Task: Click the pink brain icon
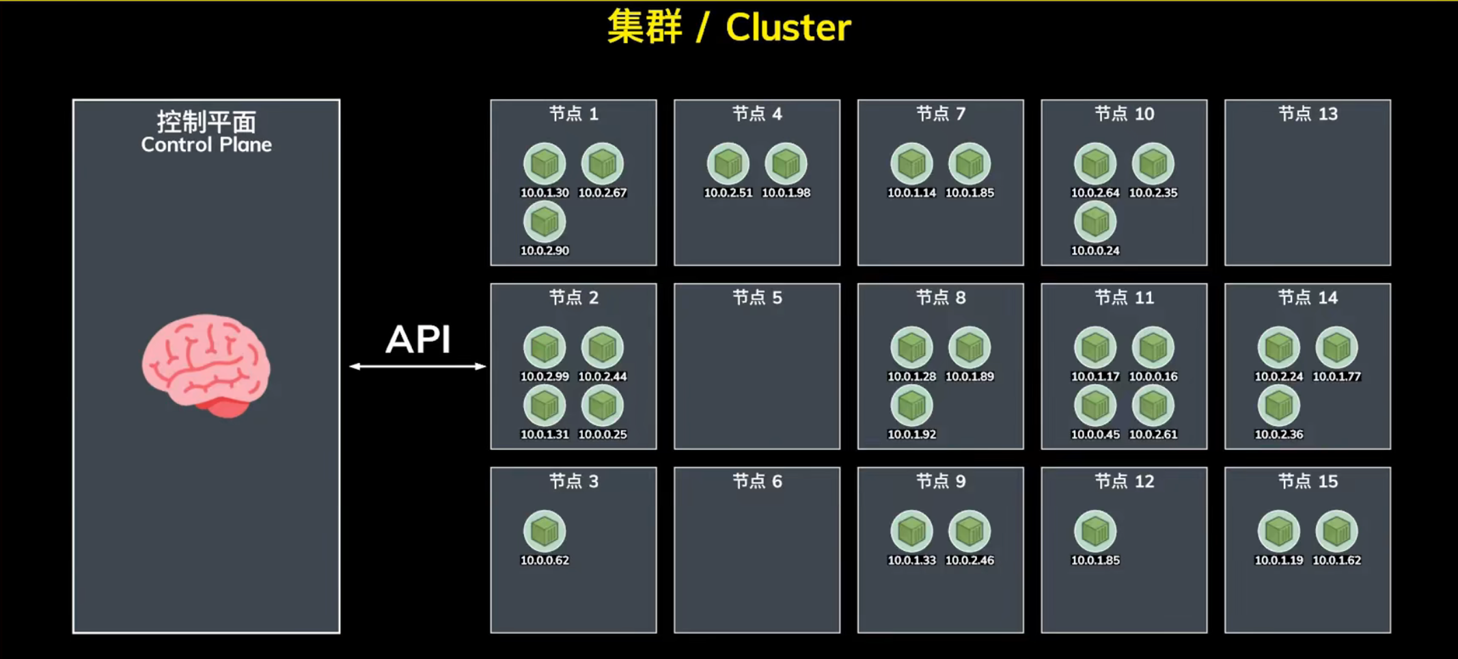[206, 364]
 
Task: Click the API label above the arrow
[418, 339]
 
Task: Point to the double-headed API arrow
[417, 366]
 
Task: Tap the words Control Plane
[206, 145]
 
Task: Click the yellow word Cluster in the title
[788, 28]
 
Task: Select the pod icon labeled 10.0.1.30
[545, 164]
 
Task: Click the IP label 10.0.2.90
[545, 251]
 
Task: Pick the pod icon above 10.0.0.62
[545, 531]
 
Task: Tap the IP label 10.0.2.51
[728, 193]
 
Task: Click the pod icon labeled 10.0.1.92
[911, 405]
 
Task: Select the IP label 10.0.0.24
[1095, 251]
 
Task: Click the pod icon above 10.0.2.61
[1153, 405]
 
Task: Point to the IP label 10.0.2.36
[1279, 435]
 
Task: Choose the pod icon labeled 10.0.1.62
[1336, 531]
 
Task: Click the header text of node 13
[1308, 113]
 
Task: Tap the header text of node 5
[757, 297]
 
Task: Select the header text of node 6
[757, 481]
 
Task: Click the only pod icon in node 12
[1095, 531]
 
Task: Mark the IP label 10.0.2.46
[969, 561]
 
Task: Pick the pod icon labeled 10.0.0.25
[603, 405]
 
